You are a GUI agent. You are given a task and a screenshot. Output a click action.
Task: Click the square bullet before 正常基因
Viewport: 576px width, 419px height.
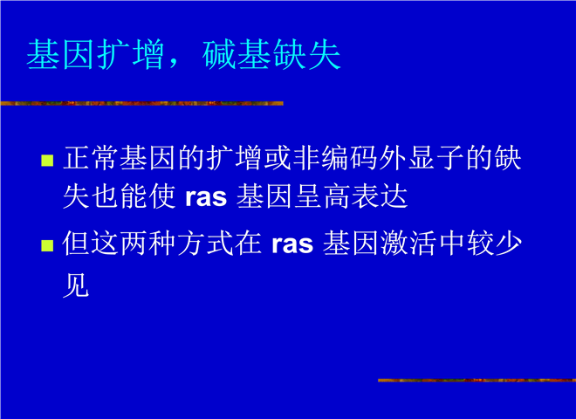47,161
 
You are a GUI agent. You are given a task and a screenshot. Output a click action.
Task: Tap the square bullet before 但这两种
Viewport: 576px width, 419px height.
47,245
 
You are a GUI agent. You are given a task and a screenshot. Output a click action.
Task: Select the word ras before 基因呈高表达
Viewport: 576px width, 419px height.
206,197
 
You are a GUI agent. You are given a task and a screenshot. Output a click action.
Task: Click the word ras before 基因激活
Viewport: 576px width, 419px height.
292,244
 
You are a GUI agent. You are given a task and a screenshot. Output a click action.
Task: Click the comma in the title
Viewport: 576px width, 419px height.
174,63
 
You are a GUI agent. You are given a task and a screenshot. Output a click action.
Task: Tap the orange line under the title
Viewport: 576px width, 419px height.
141,103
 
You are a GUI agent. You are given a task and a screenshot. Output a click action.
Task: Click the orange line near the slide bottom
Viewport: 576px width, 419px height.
477,380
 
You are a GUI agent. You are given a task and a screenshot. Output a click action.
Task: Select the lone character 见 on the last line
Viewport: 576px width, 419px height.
76,285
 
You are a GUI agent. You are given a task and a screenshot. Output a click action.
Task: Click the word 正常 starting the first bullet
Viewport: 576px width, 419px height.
92,158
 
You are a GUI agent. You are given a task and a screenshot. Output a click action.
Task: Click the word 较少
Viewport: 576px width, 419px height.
495,243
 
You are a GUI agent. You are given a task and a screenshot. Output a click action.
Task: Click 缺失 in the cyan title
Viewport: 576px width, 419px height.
306,54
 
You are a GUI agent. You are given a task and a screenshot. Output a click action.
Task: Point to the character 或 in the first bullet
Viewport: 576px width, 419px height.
278,158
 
